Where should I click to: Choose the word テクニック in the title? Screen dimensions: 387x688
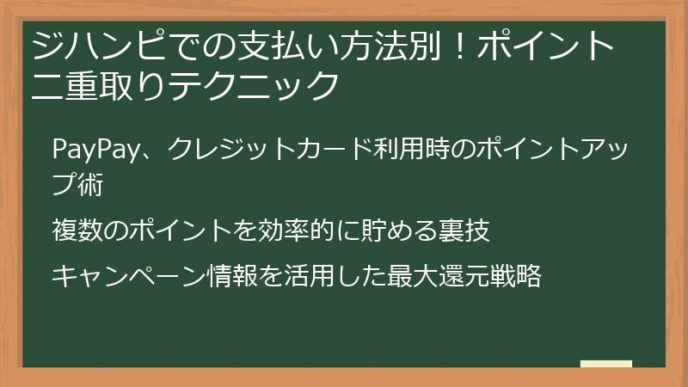point(253,86)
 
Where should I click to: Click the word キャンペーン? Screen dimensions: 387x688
point(129,277)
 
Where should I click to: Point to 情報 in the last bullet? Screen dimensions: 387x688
point(234,277)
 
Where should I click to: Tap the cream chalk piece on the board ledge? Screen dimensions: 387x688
point(605,364)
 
